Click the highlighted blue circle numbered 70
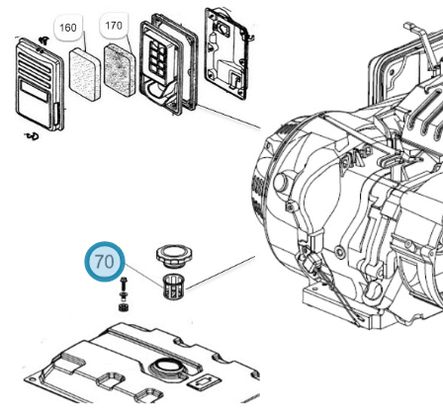(x=105, y=262)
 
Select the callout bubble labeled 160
(x=68, y=28)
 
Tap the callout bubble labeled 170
(x=114, y=26)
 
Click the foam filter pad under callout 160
(x=85, y=74)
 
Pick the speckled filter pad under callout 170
(x=120, y=70)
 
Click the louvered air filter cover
(x=40, y=84)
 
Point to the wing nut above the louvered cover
(x=44, y=41)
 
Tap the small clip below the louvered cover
(x=33, y=135)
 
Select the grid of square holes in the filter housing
(x=157, y=58)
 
